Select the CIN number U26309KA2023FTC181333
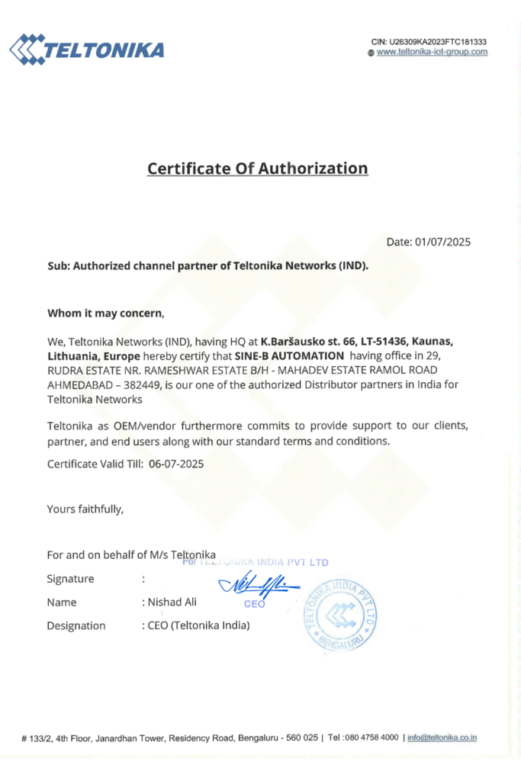pos(439,41)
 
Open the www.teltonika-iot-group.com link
pos(432,52)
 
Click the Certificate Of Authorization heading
pos(257,168)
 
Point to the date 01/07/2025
pos(442,243)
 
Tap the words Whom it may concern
pos(105,313)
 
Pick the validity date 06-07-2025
pos(176,463)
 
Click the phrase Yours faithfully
pos(85,509)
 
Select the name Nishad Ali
pos(172,602)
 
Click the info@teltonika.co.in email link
pos(442,738)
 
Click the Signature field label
pos(71,579)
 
